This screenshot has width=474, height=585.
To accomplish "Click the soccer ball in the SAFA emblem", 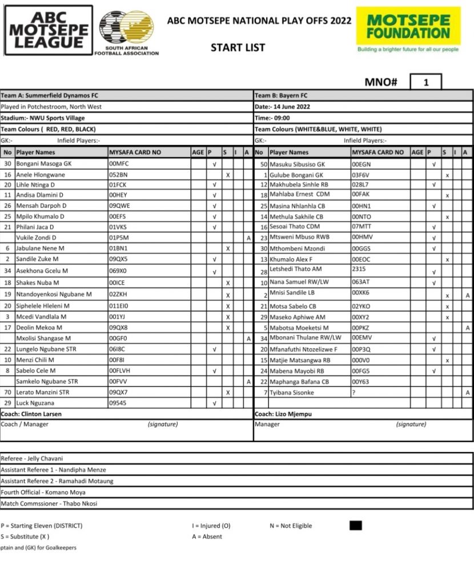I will click(118, 26).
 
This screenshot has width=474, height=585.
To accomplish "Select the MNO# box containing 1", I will click(425, 82).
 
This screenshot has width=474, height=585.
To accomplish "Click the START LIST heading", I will click(238, 47).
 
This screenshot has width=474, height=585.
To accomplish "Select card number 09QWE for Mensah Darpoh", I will click(119, 206).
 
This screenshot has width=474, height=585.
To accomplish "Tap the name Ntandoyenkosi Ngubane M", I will click(54, 294).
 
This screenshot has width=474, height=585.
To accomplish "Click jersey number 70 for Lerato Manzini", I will click(8, 392).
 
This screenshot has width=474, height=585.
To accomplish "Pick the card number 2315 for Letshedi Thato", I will click(359, 269).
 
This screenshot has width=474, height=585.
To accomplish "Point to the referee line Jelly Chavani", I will click(33, 459).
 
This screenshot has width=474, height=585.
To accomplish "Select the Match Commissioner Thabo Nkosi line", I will click(49, 503).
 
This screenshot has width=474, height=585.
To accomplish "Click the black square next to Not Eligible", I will click(355, 526).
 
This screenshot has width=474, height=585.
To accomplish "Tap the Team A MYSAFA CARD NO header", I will click(135, 153).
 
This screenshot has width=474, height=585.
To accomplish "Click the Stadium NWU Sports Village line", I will click(43, 118).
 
